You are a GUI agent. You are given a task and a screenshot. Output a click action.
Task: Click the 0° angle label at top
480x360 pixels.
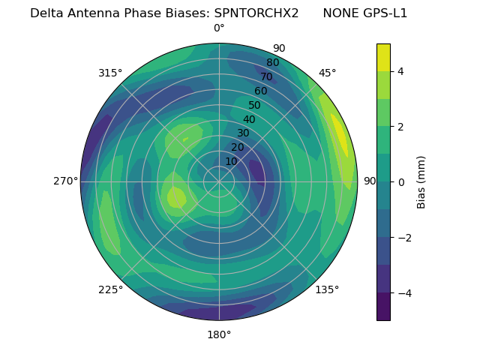click(x=219, y=28)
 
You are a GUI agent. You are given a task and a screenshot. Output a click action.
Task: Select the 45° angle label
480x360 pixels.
click(x=327, y=73)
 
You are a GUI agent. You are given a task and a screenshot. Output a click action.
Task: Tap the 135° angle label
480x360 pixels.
click(x=327, y=289)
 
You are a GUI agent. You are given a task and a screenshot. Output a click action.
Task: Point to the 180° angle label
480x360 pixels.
click(x=219, y=334)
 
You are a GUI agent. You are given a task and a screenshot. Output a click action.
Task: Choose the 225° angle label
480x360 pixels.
click(x=110, y=289)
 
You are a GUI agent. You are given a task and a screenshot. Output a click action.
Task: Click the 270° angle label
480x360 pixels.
click(x=65, y=181)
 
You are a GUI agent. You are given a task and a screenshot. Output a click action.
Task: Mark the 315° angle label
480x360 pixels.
click(x=110, y=73)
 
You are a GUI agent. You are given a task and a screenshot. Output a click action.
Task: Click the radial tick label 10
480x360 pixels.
click(x=231, y=161)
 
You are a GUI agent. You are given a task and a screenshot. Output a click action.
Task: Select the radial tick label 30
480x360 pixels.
click(x=243, y=133)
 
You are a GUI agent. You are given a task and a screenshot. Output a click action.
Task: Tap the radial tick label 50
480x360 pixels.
click(x=254, y=105)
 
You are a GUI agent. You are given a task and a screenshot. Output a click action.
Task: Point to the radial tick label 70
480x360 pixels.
click(x=266, y=76)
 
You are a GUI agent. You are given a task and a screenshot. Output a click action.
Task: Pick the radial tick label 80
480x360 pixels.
click(x=272, y=63)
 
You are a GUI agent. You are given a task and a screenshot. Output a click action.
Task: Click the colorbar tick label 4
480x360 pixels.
click(x=400, y=71)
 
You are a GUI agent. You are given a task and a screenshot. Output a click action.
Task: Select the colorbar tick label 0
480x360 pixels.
click(x=400, y=182)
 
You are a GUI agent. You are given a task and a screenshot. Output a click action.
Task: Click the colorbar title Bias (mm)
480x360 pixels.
click(x=421, y=182)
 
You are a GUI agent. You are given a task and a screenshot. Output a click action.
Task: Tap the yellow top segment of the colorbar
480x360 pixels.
click(x=383, y=57)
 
